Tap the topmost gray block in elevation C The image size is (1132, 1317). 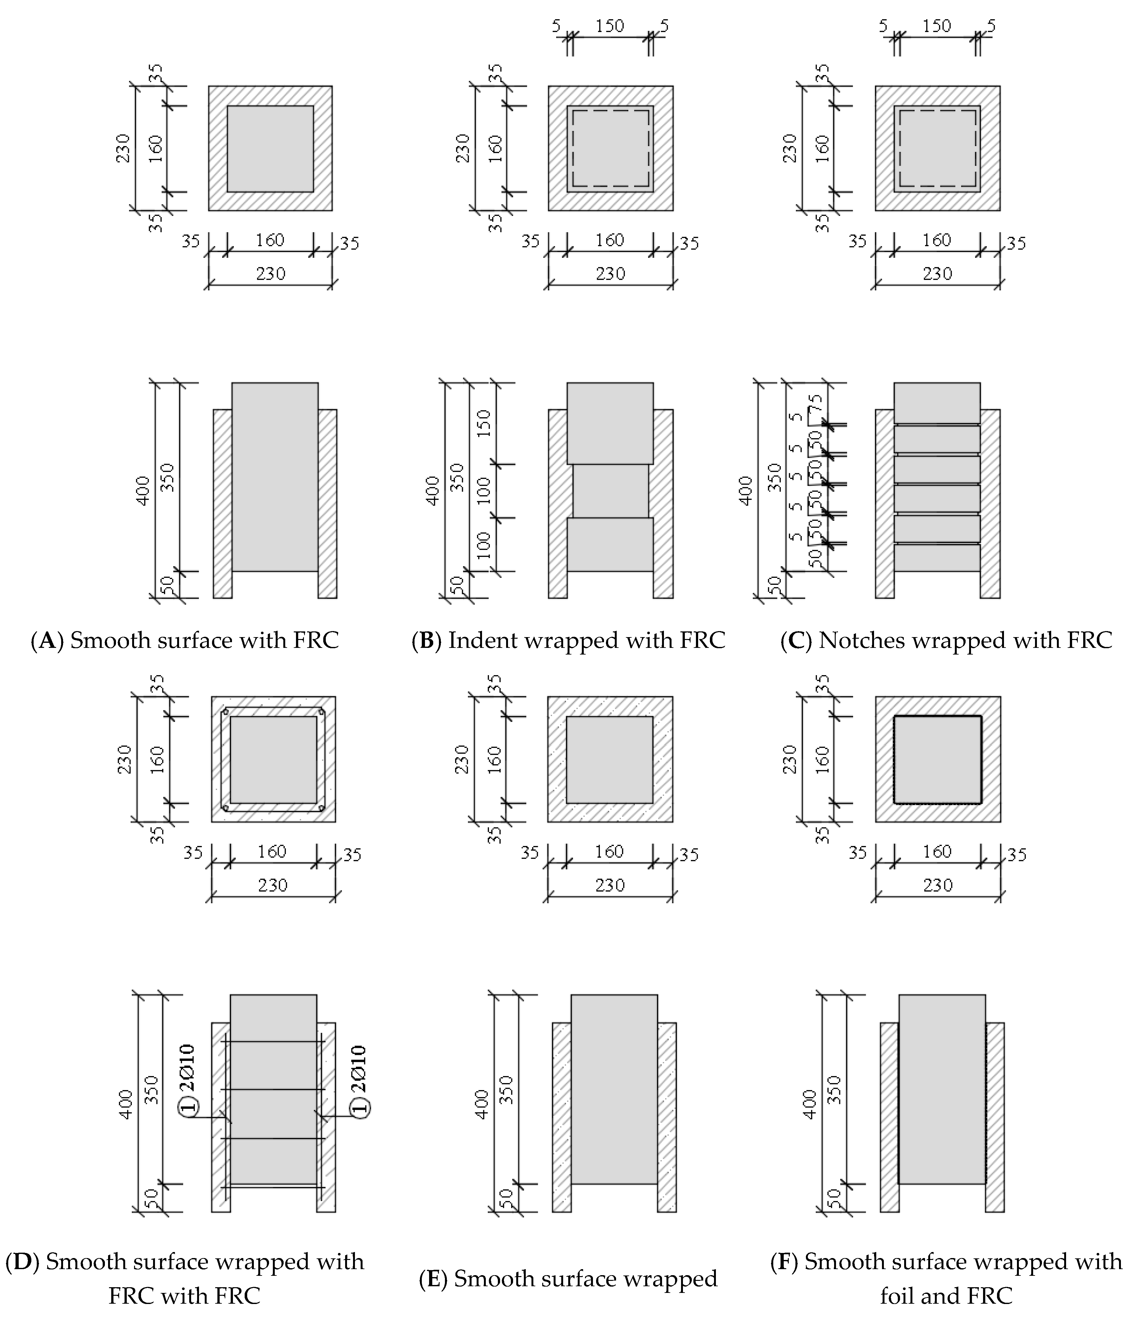click(937, 402)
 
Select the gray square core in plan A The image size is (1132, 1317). click(270, 149)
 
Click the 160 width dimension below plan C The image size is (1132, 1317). click(937, 240)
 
